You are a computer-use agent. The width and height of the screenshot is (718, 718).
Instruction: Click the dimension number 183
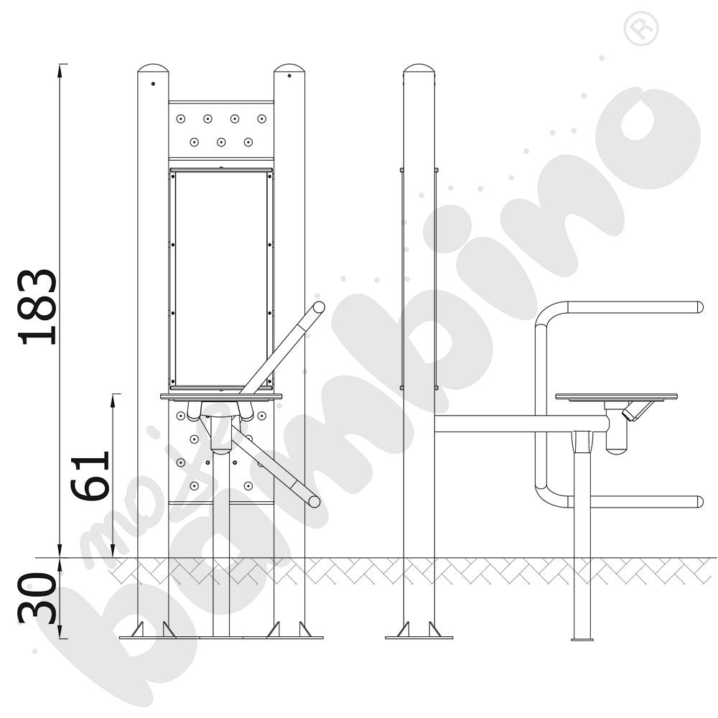(x=37, y=307)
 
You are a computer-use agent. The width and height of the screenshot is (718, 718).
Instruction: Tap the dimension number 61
(x=90, y=476)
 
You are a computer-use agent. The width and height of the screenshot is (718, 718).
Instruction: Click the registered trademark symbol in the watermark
(x=641, y=29)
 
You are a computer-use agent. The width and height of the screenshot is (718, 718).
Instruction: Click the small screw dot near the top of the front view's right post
(x=289, y=75)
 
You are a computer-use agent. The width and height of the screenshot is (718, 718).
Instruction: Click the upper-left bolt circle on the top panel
(x=181, y=119)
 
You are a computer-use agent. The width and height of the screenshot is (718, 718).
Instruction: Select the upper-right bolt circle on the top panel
(x=261, y=119)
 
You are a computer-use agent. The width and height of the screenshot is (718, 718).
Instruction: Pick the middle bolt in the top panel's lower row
(x=221, y=142)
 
